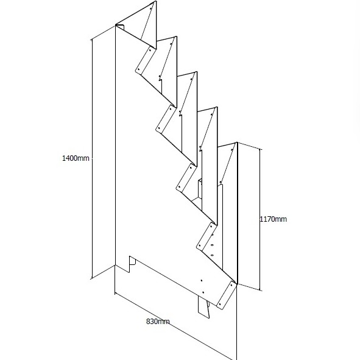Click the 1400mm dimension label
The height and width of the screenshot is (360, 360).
[76, 158]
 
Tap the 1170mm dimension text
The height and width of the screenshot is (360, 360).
[274, 219]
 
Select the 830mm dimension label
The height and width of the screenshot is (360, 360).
[158, 322]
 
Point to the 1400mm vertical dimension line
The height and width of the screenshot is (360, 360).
[92, 158]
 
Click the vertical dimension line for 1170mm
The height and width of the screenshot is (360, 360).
[260, 219]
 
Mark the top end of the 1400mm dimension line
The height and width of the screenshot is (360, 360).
[92, 39]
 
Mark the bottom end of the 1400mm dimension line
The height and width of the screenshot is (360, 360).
[92, 278]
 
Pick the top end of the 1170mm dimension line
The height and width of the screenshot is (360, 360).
[260, 149]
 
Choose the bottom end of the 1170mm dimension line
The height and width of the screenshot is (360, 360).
[260, 290]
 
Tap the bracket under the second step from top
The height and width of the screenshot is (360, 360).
[144, 60]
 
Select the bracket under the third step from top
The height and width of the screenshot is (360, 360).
[165, 119]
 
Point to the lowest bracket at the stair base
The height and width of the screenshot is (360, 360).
[226, 295]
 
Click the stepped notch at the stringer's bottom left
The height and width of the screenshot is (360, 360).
[132, 264]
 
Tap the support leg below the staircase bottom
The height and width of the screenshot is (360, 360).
[204, 307]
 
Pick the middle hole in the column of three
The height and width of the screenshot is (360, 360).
[212, 245]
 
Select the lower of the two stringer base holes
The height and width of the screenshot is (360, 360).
[203, 292]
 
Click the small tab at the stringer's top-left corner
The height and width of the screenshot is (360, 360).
[121, 27]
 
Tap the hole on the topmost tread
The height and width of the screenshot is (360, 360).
[151, 9]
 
